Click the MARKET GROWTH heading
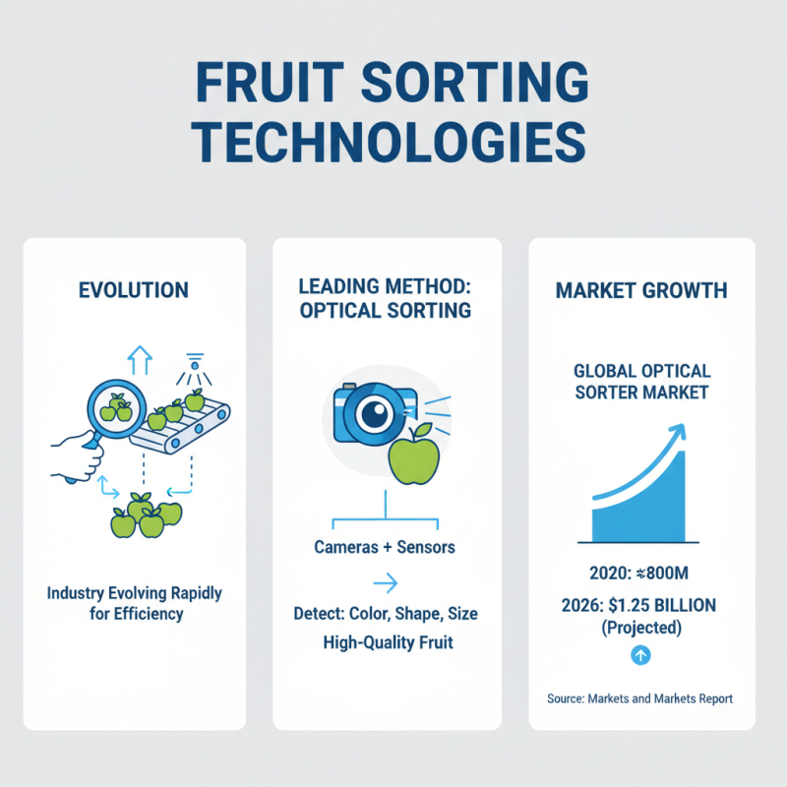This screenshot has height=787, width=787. point(641,290)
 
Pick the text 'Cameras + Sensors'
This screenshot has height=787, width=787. point(385,547)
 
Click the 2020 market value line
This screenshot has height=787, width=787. point(641,573)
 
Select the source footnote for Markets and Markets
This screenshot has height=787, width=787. point(640,698)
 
